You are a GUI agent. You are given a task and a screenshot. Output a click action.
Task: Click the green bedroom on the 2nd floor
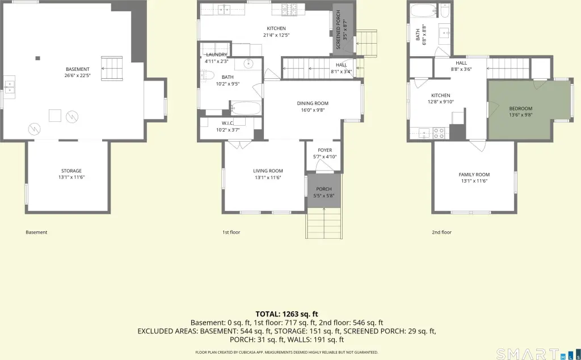[x=530, y=110]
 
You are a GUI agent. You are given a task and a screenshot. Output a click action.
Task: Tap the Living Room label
[x=268, y=171]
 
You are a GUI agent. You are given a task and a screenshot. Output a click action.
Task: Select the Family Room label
[x=474, y=175]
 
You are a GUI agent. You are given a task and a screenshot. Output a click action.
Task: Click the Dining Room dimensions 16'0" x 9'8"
[x=313, y=110]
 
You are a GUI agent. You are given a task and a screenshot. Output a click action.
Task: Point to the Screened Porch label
[x=338, y=30]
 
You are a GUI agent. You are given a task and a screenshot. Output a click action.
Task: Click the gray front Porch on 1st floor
[x=324, y=190]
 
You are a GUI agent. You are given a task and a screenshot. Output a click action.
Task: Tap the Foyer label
[x=325, y=150]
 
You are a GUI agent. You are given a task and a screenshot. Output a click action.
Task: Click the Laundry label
[x=216, y=55]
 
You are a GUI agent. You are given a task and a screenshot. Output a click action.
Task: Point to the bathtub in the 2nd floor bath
[x=424, y=11]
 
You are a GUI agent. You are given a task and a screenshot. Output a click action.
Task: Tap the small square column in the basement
[x=38, y=58]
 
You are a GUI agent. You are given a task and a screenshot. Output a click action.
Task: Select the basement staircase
[x=112, y=68]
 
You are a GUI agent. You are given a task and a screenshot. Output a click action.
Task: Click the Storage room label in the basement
[x=71, y=171]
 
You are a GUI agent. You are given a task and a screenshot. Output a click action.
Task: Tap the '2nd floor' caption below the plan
[x=441, y=232]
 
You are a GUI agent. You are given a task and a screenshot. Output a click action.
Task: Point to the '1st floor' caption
[x=231, y=232]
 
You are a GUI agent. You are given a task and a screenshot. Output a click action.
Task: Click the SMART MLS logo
[x=537, y=354]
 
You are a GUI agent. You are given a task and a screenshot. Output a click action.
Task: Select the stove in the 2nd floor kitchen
[x=439, y=133]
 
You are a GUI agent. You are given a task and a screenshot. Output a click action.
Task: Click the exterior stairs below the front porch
[x=324, y=223]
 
